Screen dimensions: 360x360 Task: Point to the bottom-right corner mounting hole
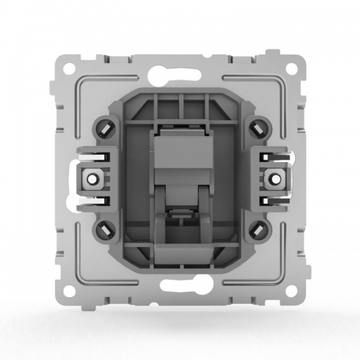pyautogui.click(x=292, y=293)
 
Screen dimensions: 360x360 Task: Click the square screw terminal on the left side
pyautogui.click(x=92, y=178)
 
